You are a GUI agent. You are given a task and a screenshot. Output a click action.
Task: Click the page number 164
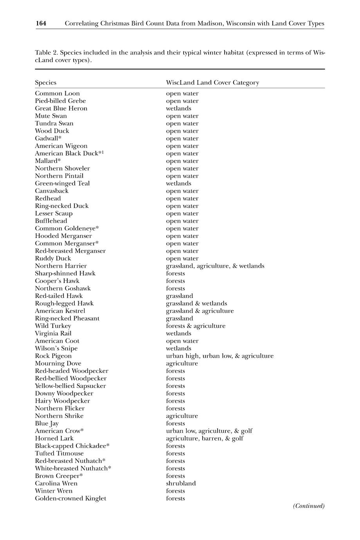click(x=41, y=23)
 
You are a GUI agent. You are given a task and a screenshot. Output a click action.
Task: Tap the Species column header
click(x=45, y=83)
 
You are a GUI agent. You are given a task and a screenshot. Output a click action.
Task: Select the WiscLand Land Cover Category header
click(x=212, y=83)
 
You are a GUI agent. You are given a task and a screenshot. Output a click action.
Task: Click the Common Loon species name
click(x=57, y=94)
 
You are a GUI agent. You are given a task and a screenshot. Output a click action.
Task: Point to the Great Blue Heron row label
click(x=61, y=108)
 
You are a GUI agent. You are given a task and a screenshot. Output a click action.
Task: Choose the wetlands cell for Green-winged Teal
click(x=178, y=184)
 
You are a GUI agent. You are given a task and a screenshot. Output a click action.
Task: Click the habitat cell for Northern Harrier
click(x=215, y=266)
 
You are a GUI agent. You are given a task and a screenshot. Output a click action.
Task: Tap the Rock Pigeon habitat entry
click(x=220, y=356)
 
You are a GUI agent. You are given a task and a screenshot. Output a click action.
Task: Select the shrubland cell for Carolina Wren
click(x=181, y=484)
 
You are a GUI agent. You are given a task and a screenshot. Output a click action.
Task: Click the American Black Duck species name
click(x=69, y=153)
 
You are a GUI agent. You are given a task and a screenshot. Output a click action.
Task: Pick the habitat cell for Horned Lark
click(x=204, y=439)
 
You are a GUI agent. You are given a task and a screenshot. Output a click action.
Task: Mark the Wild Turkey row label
click(x=53, y=326)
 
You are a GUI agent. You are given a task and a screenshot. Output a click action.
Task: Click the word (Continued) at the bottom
click(x=309, y=506)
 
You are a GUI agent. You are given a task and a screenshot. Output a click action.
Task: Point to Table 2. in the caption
click(x=47, y=53)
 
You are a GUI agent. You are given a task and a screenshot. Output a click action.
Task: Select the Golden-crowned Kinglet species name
click(x=70, y=499)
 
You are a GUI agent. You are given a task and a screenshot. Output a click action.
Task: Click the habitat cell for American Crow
click(x=209, y=431)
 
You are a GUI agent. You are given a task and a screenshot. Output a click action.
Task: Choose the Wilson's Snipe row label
click(x=56, y=349)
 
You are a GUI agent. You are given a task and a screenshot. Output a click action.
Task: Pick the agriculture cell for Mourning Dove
click(x=182, y=364)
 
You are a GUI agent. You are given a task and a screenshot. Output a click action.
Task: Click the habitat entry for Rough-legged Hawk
click(x=196, y=304)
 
